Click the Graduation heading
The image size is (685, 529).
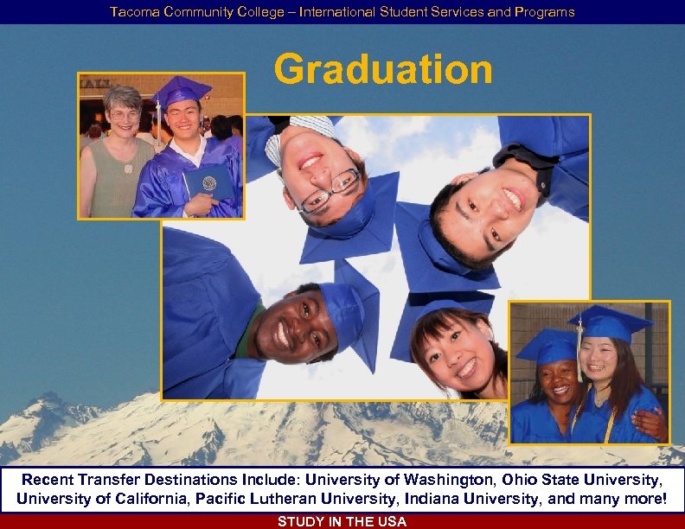tap(383, 69)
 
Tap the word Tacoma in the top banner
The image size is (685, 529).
tap(130, 12)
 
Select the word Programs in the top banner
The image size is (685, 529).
tap(547, 12)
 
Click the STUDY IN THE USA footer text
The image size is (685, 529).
tap(342, 521)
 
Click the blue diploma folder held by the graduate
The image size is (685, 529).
tap(208, 182)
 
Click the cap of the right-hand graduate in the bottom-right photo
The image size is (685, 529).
tap(610, 323)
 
